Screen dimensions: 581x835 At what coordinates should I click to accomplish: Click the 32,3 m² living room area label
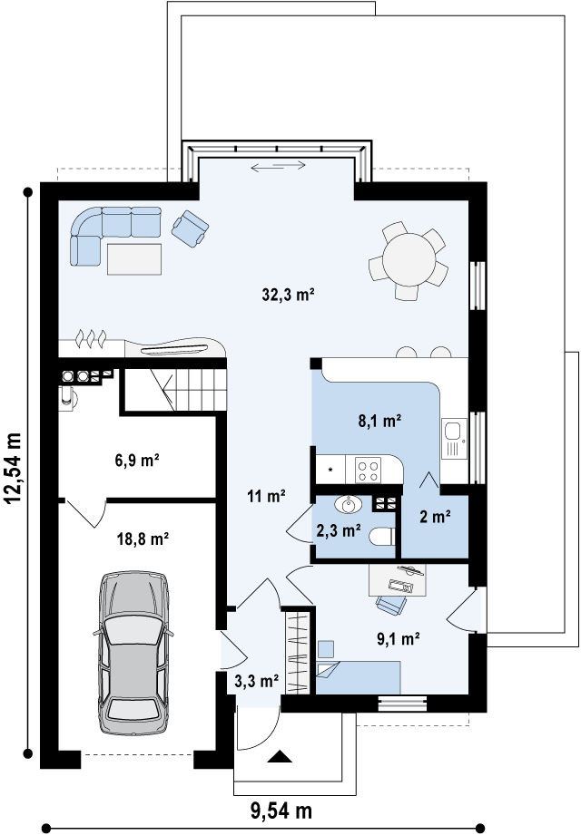(x=289, y=294)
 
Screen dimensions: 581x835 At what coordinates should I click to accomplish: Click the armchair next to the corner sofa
(x=190, y=228)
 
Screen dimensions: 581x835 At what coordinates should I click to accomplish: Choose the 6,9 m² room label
(x=137, y=460)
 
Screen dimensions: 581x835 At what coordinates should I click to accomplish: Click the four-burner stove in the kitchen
(x=369, y=471)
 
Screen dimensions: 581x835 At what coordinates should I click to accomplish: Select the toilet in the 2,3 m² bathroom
(x=382, y=536)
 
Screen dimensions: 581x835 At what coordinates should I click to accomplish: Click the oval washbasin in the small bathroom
(x=348, y=504)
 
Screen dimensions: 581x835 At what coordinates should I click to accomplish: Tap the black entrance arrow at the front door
(x=280, y=757)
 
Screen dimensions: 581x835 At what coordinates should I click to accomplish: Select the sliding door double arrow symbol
(x=278, y=166)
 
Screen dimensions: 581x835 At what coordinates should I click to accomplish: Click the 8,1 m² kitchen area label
(x=379, y=422)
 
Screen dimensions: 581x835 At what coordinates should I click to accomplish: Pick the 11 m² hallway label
(x=266, y=496)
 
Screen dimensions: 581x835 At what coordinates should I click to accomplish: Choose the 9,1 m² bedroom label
(x=399, y=638)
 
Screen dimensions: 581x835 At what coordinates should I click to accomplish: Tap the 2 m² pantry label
(x=436, y=517)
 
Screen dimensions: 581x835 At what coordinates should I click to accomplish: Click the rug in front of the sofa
(x=134, y=258)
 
